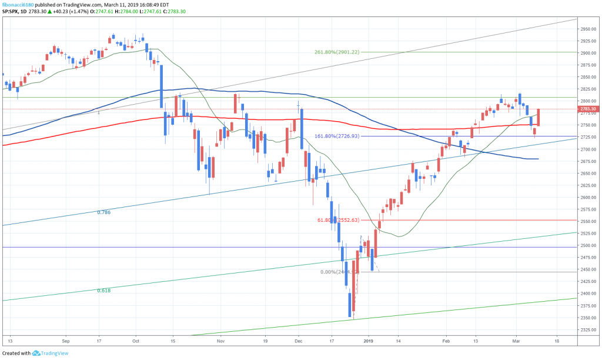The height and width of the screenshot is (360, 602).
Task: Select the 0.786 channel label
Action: [x=103, y=212]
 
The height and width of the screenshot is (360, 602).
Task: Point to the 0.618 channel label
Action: [x=103, y=291]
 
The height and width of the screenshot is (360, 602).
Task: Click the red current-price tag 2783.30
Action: [x=588, y=109]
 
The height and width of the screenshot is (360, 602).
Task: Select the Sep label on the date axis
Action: [x=65, y=341]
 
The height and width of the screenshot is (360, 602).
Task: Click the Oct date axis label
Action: [x=136, y=341]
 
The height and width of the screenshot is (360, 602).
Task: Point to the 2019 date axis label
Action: [x=369, y=341]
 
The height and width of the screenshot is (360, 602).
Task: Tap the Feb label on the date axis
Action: [x=446, y=341]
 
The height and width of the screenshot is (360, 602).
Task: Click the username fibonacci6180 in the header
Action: [x=19, y=4]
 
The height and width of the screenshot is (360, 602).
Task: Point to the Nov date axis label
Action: [x=220, y=341]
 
